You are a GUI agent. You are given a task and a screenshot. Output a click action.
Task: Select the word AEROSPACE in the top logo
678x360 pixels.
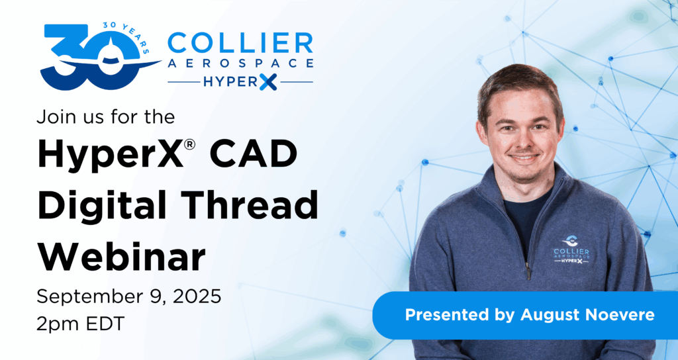(240, 64)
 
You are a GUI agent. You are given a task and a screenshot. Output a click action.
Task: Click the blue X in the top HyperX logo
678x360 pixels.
(268, 81)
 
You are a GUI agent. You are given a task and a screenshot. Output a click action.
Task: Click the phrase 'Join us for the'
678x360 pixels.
(105, 116)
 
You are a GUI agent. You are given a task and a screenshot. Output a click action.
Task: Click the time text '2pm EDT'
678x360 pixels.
(80, 323)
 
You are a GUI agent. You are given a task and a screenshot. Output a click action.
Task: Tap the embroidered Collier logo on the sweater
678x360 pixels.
(571, 250)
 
